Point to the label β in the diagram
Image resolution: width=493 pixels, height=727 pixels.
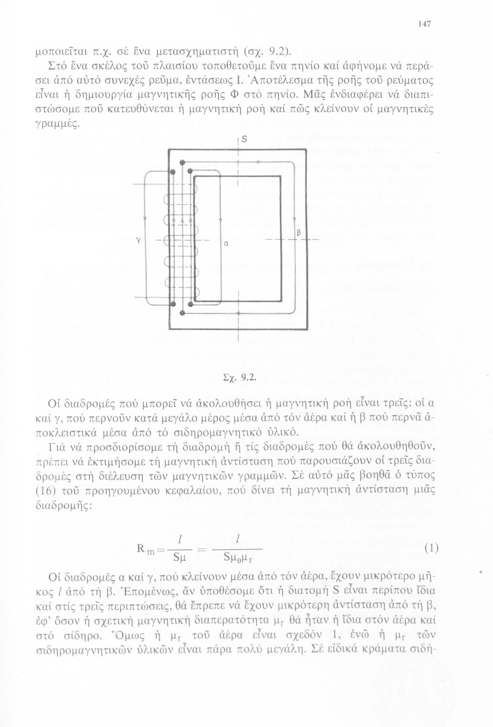click(299, 233)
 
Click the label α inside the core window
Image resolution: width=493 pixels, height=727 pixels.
click(226, 245)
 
